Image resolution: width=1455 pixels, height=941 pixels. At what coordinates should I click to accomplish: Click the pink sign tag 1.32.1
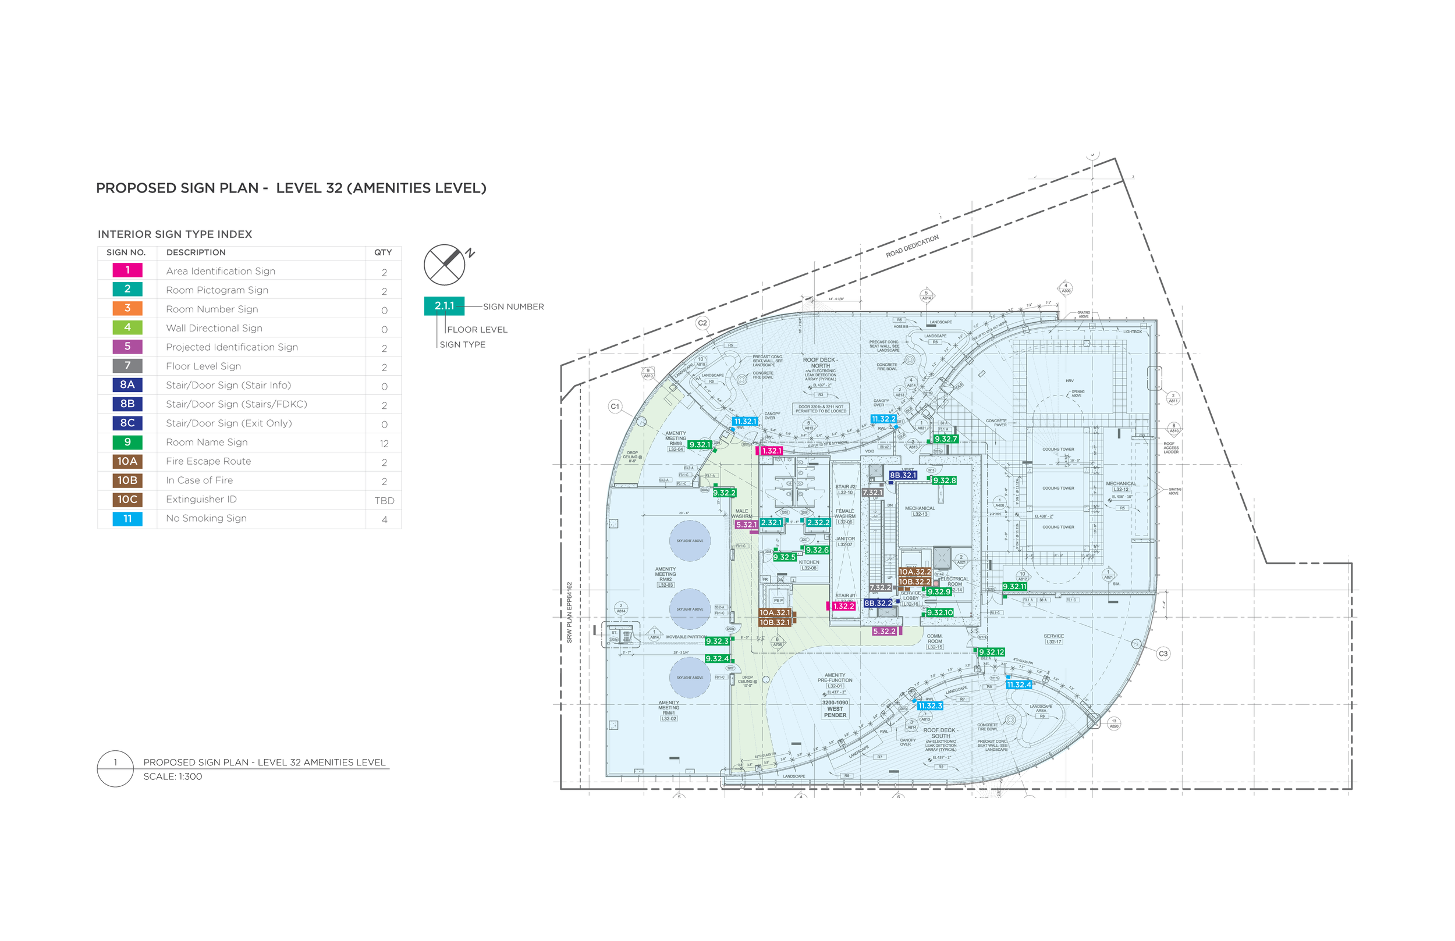point(772,451)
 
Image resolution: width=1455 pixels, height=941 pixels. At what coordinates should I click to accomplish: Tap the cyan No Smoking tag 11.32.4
point(1018,685)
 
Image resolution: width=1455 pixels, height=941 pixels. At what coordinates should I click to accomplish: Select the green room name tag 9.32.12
point(991,652)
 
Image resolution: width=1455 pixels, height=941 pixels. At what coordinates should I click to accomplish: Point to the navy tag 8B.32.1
point(902,475)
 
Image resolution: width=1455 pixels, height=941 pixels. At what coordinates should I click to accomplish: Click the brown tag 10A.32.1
point(775,612)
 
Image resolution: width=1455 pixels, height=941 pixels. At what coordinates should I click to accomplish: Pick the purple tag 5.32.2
point(884,631)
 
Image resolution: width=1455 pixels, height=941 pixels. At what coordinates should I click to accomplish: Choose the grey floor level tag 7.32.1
point(872,492)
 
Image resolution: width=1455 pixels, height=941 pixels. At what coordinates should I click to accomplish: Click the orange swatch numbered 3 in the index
point(127,309)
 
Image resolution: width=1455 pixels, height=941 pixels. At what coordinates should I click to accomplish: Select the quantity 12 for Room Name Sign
point(384,443)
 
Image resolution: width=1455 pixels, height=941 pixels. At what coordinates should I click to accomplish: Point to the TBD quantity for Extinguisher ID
point(384,500)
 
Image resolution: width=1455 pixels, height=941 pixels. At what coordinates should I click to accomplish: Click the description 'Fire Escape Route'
point(208,461)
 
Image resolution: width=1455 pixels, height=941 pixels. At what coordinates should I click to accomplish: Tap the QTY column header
point(384,252)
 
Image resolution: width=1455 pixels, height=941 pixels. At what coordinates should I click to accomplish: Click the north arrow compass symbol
point(445,265)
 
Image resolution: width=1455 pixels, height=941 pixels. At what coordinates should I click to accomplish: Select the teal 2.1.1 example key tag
point(445,305)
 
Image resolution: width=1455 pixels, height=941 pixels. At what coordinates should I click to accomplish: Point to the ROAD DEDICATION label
point(912,245)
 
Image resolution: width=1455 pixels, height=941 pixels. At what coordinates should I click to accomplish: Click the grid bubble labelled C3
point(1163,653)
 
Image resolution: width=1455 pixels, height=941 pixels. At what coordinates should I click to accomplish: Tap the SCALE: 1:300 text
point(173,776)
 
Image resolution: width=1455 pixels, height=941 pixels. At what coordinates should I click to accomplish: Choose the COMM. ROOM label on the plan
point(935,639)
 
